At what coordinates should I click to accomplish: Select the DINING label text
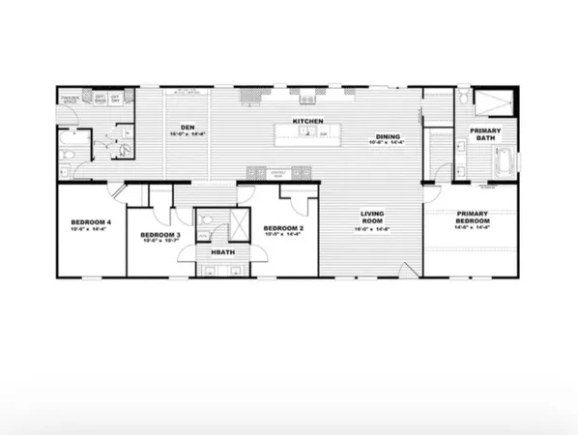tap(387, 136)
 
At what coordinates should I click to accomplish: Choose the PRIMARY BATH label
tap(485, 134)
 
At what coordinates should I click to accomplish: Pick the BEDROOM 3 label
tap(159, 235)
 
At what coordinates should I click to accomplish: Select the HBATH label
tap(222, 252)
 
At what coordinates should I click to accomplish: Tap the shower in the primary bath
tap(495, 101)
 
